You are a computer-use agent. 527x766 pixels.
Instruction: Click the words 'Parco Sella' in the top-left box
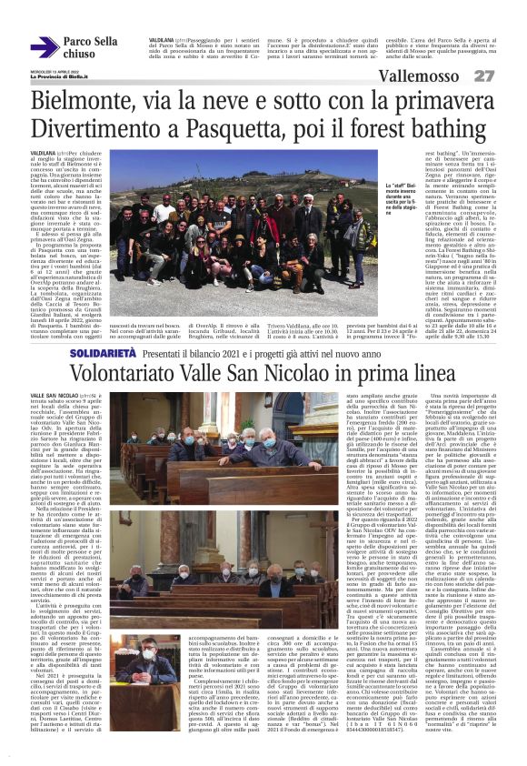[90, 42]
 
